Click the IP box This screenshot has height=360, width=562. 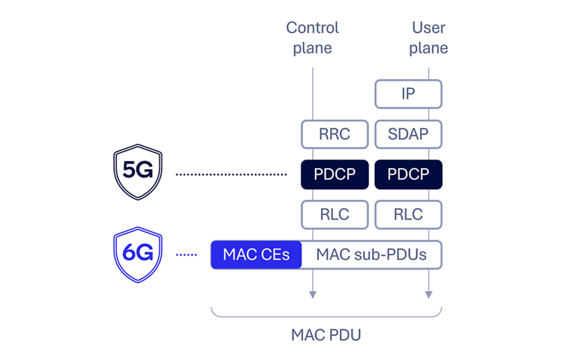408,94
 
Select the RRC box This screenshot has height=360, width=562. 334,134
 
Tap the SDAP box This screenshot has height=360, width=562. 408,134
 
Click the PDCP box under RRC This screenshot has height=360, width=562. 334,174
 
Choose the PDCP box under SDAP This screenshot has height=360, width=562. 408,174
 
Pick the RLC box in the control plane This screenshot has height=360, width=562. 334,214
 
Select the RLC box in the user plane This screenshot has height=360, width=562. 408,214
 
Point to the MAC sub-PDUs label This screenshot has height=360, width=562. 371,255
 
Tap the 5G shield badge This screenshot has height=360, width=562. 137,172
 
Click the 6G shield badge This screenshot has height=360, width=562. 137,254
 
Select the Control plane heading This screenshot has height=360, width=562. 313,38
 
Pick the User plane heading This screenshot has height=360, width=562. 428,38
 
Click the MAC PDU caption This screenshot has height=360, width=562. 326,336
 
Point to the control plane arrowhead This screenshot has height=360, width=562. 313,294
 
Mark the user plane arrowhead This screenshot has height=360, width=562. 429,294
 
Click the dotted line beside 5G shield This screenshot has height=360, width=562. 231,175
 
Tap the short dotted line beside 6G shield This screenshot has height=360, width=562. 186,255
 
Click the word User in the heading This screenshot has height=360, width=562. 428,28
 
